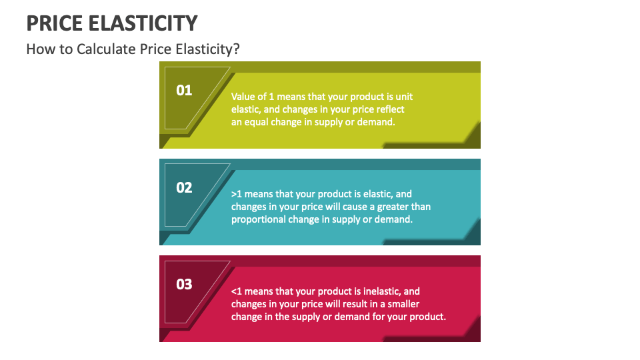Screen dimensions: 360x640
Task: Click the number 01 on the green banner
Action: pos(184,90)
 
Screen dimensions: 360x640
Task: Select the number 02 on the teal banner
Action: pos(184,187)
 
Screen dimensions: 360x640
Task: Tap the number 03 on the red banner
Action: pos(184,285)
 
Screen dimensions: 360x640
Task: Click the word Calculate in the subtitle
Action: pos(107,50)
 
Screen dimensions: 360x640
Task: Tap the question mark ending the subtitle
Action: pos(236,50)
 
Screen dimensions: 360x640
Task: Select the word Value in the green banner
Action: pos(243,97)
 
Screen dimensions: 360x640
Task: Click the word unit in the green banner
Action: pos(405,97)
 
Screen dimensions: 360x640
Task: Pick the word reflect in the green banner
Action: pos(390,109)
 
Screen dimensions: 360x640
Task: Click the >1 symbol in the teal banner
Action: pos(237,194)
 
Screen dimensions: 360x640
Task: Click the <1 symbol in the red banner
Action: pos(237,291)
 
